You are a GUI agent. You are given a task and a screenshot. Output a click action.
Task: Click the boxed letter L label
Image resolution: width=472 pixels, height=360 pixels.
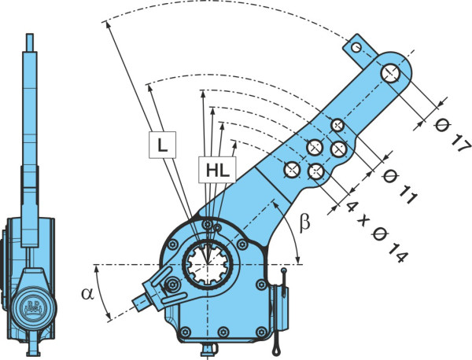(163, 145)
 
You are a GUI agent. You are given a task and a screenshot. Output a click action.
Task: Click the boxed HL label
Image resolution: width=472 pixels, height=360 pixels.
(217, 170)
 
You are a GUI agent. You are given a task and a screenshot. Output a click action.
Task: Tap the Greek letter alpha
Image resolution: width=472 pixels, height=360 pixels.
(87, 293)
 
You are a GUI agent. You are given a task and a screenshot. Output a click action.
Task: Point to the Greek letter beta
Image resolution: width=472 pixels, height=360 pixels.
(305, 223)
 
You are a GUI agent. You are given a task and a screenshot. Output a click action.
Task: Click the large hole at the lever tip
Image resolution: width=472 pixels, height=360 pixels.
(390, 73)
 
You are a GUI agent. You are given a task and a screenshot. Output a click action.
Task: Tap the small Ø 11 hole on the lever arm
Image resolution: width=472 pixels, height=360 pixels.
(337, 125)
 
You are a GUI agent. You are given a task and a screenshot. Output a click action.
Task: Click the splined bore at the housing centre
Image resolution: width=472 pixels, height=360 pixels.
(208, 265)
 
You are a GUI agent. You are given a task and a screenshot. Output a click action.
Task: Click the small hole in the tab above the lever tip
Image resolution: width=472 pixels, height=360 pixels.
(356, 47)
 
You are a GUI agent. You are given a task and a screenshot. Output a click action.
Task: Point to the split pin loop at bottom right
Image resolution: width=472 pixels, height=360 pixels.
(276, 351)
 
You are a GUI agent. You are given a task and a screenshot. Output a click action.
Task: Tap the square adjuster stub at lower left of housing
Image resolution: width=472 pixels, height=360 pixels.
(140, 302)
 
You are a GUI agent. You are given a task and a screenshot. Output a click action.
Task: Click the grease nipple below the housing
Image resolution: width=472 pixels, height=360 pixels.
(208, 349)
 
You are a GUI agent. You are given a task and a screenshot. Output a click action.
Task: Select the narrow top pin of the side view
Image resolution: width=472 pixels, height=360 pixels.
(30, 42)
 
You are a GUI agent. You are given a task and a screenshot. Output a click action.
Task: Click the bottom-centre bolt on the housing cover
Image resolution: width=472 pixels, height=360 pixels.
(223, 332)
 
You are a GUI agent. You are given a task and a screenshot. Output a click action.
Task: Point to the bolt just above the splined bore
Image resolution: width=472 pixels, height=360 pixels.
(207, 224)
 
